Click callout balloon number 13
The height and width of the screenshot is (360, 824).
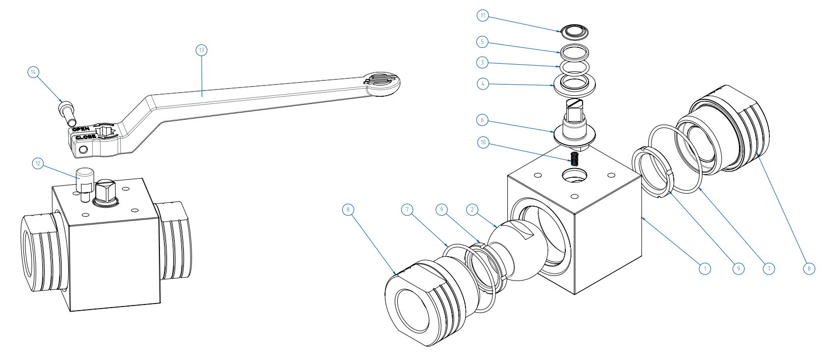202,50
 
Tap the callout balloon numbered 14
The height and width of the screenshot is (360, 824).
33,72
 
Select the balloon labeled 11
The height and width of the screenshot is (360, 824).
483,15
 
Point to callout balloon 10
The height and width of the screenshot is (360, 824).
483,143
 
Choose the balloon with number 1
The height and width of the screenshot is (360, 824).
704,268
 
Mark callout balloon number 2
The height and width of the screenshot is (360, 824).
472,209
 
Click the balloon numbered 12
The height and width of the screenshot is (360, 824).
38,163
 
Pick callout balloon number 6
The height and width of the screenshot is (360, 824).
482,120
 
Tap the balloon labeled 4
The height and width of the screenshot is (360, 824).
483,84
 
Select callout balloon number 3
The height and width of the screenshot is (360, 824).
482,63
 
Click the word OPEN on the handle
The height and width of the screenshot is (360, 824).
81,129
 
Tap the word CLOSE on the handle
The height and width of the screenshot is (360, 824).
85,137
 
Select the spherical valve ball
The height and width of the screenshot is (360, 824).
517,252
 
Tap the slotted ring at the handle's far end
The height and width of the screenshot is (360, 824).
381,81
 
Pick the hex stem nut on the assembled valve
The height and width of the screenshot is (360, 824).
106,192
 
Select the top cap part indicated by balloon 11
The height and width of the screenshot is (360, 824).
575,31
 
